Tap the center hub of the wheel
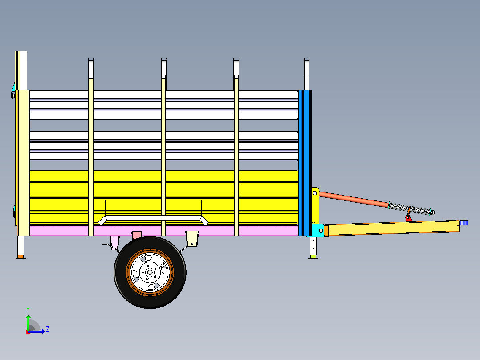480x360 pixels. pos(150,272)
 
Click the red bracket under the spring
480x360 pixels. pos(408,218)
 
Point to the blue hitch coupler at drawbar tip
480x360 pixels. pos(464,223)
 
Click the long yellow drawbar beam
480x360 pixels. pos(392,228)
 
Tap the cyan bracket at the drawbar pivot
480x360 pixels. pos(317,230)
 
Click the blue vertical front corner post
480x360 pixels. pos(305,163)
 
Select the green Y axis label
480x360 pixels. pos(28,310)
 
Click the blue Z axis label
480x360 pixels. pos(48,329)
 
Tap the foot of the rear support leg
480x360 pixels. pos(20,258)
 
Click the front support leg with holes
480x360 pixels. pos(313,247)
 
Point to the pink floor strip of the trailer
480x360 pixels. pos(164,231)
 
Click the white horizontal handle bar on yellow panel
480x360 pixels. pos(153,219)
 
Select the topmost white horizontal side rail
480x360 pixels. pos(164,95)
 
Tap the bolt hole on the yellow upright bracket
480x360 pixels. pos(315,193)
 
